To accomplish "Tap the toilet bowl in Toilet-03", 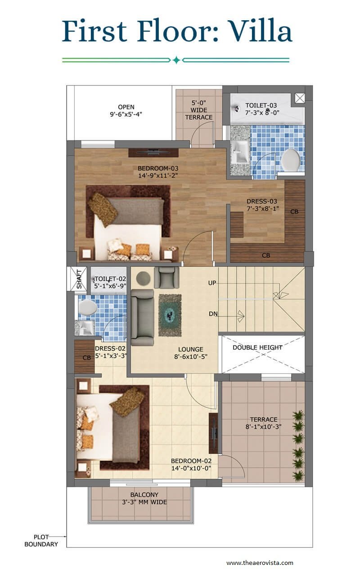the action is click(291, 160).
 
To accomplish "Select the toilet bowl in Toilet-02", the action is click(88, 307).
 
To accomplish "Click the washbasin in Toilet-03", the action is click(240, 152).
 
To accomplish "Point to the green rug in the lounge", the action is click(170, 315).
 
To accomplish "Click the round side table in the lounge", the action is click(143, 278).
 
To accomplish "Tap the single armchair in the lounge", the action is click(166, 277).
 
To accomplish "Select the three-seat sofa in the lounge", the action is click(142, 317).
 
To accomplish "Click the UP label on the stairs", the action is click(212, 283).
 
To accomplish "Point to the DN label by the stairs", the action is click(213, 314).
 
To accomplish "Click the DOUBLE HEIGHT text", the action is click(257, 347).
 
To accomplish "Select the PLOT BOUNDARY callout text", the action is click(41, 541).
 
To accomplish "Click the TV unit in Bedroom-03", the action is click(153, 153).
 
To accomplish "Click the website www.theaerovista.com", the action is click(260, 563).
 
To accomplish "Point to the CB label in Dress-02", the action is click(87, 358).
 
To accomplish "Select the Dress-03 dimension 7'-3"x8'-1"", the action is click(263, 208).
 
